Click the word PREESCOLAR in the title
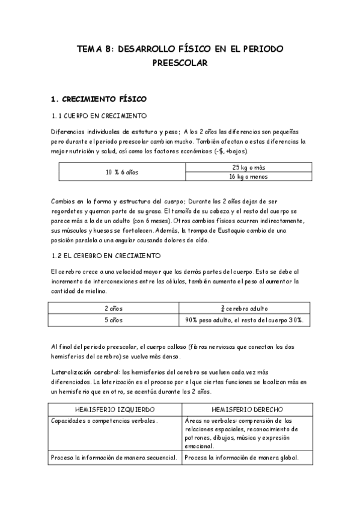coord(180,62)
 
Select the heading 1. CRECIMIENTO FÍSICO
coord(99,99)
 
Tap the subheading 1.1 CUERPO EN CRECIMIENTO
coord(99,115)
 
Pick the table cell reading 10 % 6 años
coord(122,172)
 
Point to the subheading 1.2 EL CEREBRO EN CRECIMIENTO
coord(106,256)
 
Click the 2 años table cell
coord(114,309)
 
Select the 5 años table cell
coord(114,320)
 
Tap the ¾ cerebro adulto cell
coord(244,309)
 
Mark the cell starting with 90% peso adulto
coord(244,320)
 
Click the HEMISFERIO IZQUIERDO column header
coord(114,409)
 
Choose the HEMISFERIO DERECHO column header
coord(244,409)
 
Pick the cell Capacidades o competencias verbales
coord(105,420)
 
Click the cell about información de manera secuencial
coord(114,458)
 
